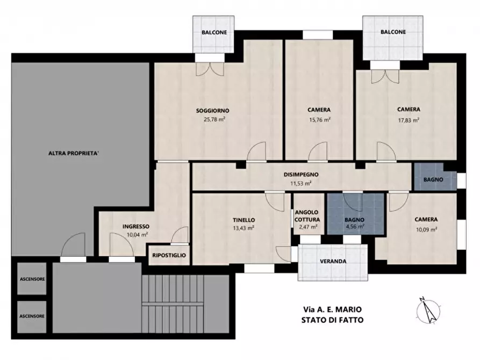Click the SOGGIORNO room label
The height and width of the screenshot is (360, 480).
[x=212, y=111]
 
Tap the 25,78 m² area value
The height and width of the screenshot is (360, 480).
[x=214, y=119]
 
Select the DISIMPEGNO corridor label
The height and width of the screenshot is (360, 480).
[x=301, y=175]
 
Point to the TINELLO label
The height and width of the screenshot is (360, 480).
[x=243, y=220]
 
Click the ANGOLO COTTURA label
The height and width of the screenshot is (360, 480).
[x=307, y=216]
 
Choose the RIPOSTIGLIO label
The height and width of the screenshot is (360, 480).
[x=169, y=255]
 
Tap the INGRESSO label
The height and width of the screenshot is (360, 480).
[x=136, y=227]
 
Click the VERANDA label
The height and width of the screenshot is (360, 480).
[x=333, y=261]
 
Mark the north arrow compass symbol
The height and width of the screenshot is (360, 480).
[x=428, y=310]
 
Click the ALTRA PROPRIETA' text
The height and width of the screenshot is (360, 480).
[x=74, y=153]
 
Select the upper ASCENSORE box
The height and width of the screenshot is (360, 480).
[x=32, y=278]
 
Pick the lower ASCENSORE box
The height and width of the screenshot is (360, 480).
[x=32, y=317]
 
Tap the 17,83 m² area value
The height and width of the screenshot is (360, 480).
[x=409, y=120]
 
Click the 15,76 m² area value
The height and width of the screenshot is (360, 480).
[x=320, y=120]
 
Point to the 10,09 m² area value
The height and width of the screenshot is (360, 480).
[x=426, y=229]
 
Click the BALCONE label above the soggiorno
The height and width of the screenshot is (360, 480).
[x=214, y=32]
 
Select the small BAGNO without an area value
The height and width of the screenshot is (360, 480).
[x=433, y=179]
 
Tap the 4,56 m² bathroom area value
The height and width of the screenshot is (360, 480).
[x=355, y=227]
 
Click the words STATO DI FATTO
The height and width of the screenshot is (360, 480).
[x=332, y=320]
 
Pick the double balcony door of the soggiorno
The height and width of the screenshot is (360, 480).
[x=210, y=69]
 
